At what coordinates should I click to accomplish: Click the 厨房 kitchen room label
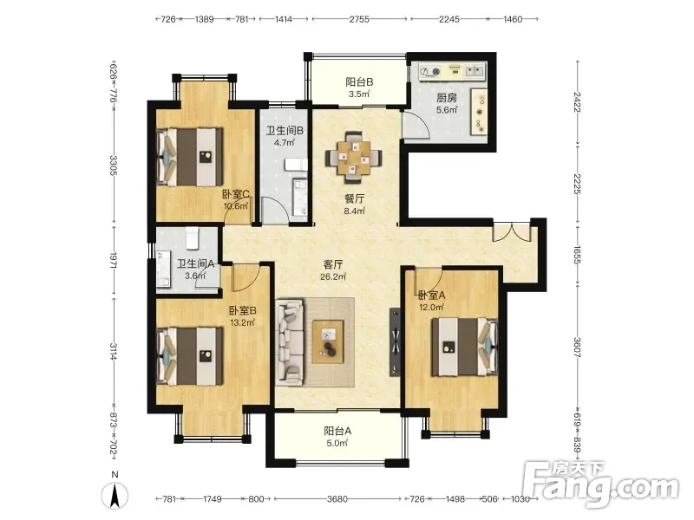pos(447,98)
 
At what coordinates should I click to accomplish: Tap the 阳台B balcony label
pos(359,81)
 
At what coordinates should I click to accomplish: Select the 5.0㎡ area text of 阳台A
pos(337,443)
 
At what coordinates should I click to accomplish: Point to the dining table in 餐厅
pos(354,158)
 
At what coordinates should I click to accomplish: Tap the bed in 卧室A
pos(465,348)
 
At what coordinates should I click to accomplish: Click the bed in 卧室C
pos(189,157)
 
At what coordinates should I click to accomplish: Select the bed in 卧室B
pos(189,356)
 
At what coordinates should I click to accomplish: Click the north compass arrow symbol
pos(115,495)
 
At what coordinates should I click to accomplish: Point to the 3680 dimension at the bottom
pos(337,499)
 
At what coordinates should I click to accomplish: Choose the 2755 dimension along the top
pos(359,19)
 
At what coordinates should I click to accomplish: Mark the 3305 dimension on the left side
pos(114,165)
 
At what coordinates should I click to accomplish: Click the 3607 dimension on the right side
pos(577,348)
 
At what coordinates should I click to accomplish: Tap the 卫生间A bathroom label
pos(196,264)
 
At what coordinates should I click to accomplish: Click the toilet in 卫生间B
pos(296,165)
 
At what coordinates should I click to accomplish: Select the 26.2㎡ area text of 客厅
pos(333,276)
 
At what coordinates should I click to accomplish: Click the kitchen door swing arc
pos(422,122)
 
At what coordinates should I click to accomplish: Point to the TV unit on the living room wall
pos(396,342)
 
